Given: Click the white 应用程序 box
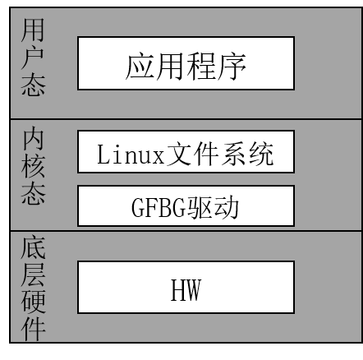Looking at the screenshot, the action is tap(186, 63).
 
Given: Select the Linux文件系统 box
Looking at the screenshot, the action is tap(186, 152).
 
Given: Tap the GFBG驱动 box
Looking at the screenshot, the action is tap(186, 205).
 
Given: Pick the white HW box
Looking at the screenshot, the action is tap(186, 287).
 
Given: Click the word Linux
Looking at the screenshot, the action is tap(131, 155).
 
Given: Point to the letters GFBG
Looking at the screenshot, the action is tap(159, 207).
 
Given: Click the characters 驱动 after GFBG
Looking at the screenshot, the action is tap(213, 207).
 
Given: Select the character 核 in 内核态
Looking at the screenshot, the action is tap(33, 167).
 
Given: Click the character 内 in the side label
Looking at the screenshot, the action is tap(33, 138).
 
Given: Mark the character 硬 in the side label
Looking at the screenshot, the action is tap(33, 302).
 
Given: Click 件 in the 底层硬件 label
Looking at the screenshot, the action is tap(33, 329).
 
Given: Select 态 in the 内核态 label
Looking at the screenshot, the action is tap(33, 193).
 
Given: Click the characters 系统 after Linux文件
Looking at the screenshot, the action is tap(248, 154).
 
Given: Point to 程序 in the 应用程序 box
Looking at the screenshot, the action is tap(216, 67).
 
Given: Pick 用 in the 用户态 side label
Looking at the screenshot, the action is tap(33, 30).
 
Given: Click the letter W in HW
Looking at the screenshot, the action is tap(193, 290).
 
